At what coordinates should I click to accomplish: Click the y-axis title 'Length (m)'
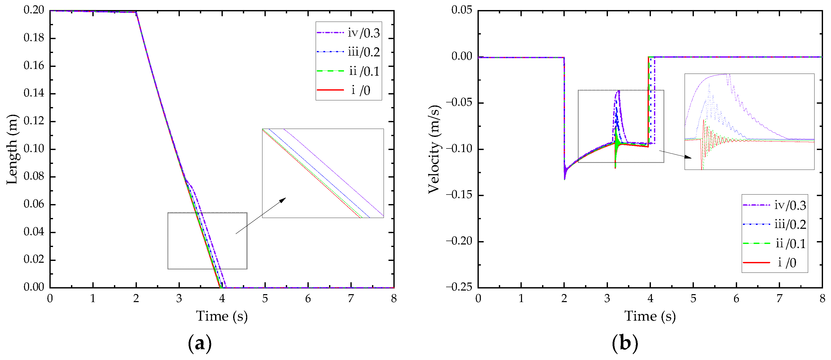[x=12, y=149]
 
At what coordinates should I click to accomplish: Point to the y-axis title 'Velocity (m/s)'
[x=434, y=149]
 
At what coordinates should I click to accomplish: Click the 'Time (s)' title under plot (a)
[x=222, y=316]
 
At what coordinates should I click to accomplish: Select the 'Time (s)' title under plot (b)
[x=650, y=316]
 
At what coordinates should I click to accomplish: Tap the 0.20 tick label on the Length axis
[x=34, y=10]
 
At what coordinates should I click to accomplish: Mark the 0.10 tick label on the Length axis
[x=34, y=149]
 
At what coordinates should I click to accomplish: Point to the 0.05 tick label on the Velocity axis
[x=462, y=10]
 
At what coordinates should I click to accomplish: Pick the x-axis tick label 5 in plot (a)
[x=265, y=299]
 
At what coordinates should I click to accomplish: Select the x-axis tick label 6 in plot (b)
[x=736, y=299]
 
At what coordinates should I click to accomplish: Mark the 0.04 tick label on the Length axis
[x=34, y=232]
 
